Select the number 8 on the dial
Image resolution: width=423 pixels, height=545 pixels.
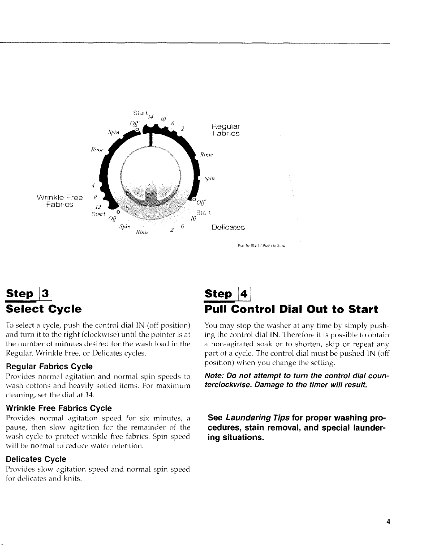(x=95, y=198)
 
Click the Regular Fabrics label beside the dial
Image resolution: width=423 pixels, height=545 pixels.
(x=226, y=130)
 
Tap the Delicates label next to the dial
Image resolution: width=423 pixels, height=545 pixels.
(x=228, y=227)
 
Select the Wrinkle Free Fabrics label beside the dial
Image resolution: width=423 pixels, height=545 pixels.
(x=60, y=201)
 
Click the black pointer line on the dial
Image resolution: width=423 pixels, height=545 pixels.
(x=150, y=140)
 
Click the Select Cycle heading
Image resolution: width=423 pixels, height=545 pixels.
(x=44, y=309)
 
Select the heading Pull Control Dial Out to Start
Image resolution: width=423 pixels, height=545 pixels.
(x=291, y=309)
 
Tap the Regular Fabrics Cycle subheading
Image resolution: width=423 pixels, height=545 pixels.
(x=49, y=366)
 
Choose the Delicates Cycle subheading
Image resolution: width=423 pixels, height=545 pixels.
(x=36, y=459)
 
